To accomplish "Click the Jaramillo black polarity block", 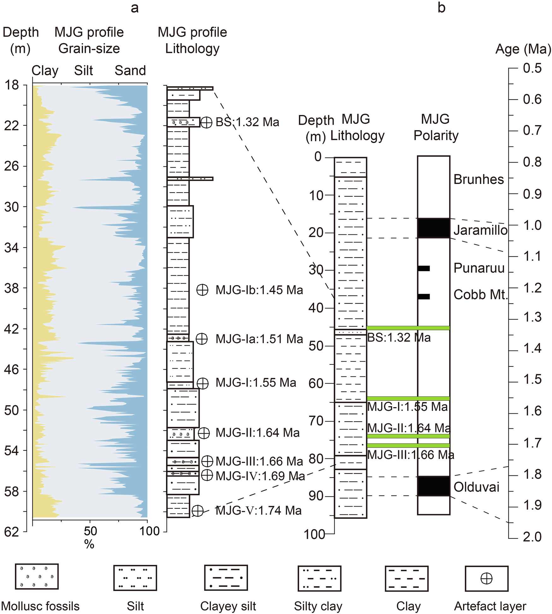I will (433, 228).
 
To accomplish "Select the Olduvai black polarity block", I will (433, 486).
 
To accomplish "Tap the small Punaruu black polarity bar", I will (424, 268).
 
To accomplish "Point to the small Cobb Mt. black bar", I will (424, 296).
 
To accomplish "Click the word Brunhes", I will (479, 180).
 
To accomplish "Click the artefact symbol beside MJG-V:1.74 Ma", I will (198, 511).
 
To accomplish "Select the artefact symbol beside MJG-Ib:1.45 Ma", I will (202, 290).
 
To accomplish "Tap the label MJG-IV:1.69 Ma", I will (260, 476).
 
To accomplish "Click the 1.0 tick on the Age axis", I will (513, 225).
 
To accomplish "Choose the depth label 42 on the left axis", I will (11, 329).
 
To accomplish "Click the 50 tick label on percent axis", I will (90, 531).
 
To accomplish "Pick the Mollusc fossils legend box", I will (37, 577).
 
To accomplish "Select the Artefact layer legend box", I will (486, 578).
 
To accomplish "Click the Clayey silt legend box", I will (226, 578).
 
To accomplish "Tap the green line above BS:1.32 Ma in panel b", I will (408, 328).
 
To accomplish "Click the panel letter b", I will (441, 8).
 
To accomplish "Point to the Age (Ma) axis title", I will (523, 49).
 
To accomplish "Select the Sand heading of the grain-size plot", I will (130, 71).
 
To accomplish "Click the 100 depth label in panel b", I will (314, 535).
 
